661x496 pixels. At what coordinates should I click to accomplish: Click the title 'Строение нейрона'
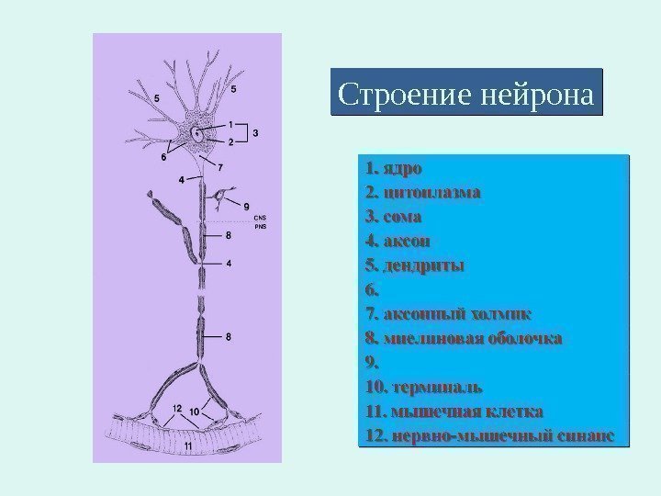click(466, 93)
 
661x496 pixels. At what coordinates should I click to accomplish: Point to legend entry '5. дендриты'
click(414, 265)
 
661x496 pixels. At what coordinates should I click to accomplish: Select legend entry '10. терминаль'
click(423, 385)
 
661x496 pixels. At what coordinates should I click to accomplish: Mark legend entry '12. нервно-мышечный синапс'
click(487, 433)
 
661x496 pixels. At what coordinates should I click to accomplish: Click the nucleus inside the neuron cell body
click(196, 134)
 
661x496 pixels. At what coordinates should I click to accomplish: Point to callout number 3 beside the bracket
click(255, 132)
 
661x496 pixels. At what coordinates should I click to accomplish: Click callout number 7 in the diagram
click(220, 167)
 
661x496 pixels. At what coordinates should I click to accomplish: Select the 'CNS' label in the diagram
click(235, 218)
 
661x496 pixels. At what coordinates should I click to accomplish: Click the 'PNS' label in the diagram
click(235, 226)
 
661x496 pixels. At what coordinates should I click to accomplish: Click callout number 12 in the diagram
click(177, 408)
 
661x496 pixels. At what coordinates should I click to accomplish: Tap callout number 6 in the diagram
click(163, 157)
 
